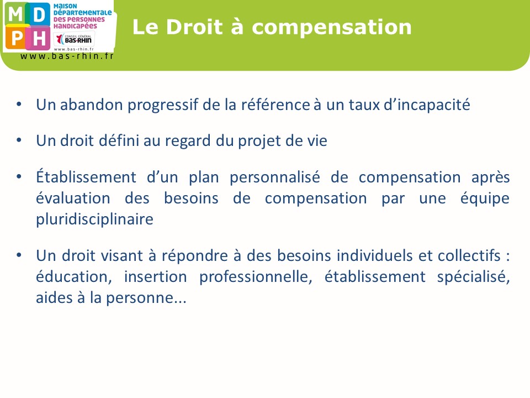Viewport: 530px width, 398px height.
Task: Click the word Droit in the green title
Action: coord(194,27)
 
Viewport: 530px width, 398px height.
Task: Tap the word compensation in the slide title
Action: coord(332,28)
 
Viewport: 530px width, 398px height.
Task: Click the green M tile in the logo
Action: coord(15,14)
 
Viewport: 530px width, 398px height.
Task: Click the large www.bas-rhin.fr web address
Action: coord(67,56)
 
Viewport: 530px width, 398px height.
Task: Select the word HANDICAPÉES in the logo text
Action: coord(75,26)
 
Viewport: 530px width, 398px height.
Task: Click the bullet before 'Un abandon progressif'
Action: coord(19,104)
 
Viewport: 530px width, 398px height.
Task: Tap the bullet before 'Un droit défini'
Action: coord(19,140)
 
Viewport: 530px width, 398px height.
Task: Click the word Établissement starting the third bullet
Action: coord(86,177)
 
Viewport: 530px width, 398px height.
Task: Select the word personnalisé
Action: coord(275,177)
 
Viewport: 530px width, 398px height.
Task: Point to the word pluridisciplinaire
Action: coord(94,219)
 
